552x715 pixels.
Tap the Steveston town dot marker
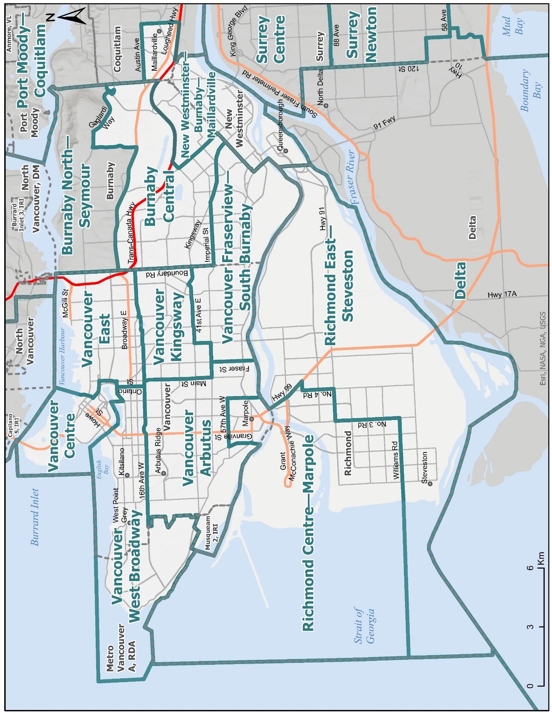[x=430, y=483]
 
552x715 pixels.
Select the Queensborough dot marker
[x=286, y=151]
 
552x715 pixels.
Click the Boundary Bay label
[x=531, y=91]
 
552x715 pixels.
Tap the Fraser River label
[x=352, y=177]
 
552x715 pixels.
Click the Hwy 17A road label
[x=502, y=295]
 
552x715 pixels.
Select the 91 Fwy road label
[x=384, y=123]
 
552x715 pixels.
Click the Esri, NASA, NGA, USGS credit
[x=543, y=348]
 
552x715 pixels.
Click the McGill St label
[x=65, y=303]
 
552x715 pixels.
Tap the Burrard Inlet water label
[x=35, y=517]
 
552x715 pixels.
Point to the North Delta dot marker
[x=326, y=105]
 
